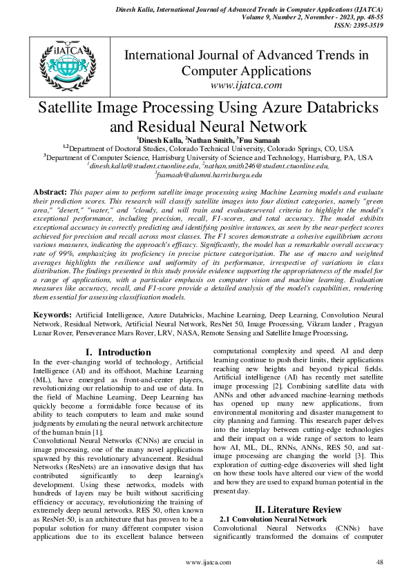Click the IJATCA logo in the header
click(x=63, y=63)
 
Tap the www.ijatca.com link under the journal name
click(x=246, y=85)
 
